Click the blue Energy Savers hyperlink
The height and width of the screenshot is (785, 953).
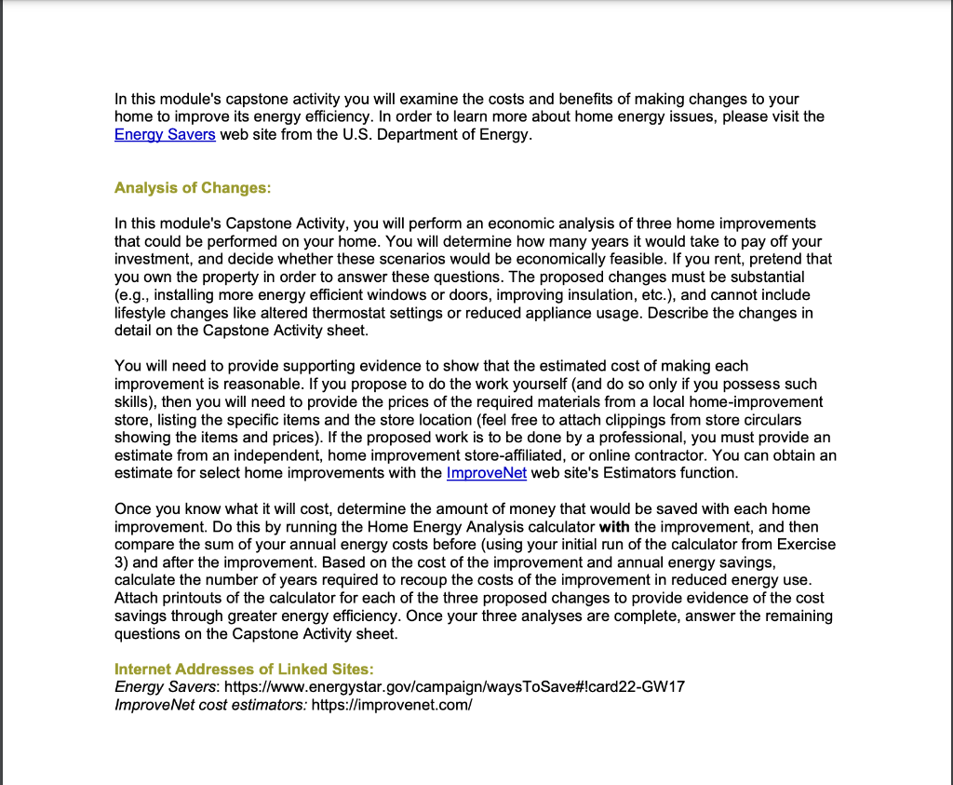pyautogui.click(x=165, y=135)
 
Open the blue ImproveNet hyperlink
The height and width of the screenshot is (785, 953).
pyautogui.click(x=487, y=473)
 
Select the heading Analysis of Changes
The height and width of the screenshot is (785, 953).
pyautogui.click(x=193, y=188)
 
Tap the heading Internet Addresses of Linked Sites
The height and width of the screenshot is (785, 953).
pyautogui.click(x=244, y=670)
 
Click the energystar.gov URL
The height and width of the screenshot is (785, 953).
pyautogui.click(x=455, y=687)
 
